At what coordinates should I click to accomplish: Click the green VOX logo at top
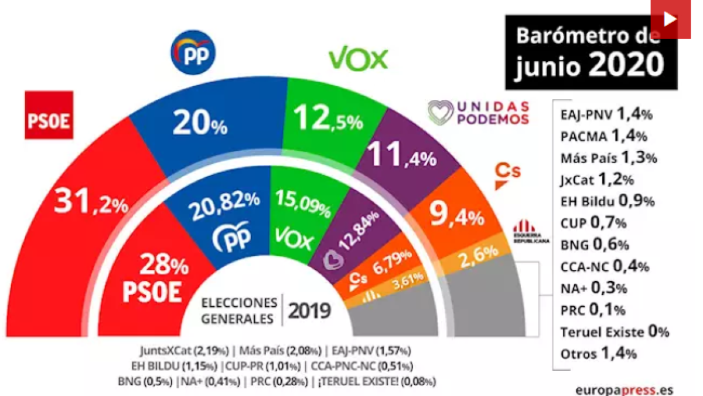(358, 59)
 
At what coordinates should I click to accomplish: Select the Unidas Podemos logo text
(479, 113)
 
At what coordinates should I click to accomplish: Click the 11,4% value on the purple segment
(401, 157)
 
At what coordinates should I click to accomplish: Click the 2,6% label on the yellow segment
(478, 256)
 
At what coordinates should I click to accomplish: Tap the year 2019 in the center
(309, 310)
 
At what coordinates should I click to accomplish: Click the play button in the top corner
(670, 19)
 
